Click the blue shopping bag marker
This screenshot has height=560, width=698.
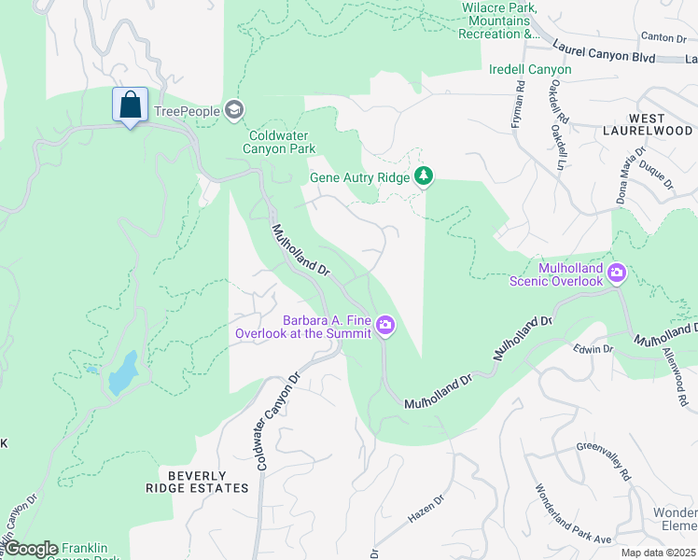[131, 105]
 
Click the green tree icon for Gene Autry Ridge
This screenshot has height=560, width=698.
[424, 175]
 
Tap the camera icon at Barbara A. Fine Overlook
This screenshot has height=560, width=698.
[385, 326]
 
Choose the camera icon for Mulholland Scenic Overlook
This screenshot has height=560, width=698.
[616, 273]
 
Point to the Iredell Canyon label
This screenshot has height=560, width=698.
[530, 69]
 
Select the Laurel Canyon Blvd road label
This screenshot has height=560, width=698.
[605, 50]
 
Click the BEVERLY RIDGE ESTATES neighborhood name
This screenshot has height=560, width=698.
[197, 481]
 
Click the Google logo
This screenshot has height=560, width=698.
[32, 549]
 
